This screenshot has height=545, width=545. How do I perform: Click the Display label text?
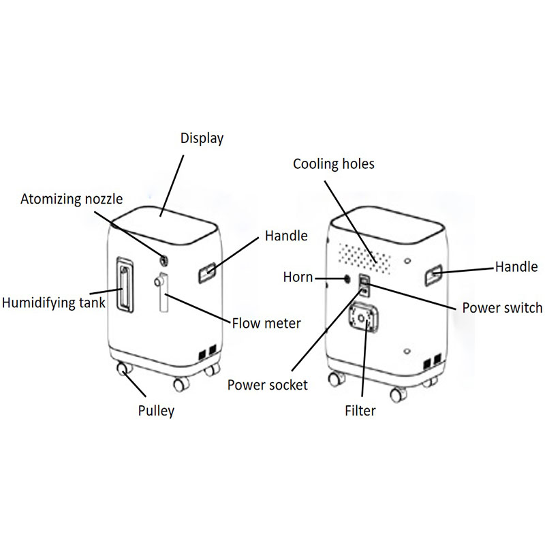point(202,138)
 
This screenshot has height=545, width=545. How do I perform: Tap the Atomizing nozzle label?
point(72,199)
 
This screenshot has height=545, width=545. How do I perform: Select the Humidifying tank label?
point(54,302)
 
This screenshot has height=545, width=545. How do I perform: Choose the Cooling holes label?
point(334,164)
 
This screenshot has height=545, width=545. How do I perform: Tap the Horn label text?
point(298,277)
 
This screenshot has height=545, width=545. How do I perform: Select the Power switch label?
point(502,307)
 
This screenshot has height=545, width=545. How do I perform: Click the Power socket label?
point(268,385)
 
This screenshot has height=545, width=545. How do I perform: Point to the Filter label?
point(360,411)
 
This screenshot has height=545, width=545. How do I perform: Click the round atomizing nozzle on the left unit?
point(163,259)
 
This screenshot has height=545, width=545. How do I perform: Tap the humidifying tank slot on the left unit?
point(125,285)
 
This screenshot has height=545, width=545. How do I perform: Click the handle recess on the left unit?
point(208,273)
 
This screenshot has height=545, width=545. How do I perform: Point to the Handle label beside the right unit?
point(516,266)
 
